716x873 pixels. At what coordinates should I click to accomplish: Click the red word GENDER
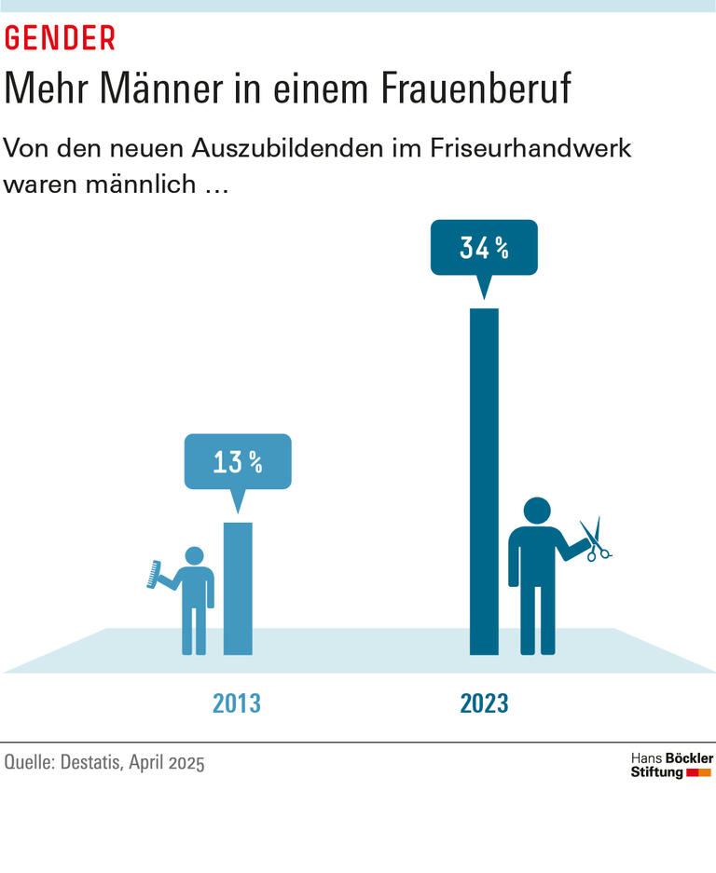(x=60, y=38)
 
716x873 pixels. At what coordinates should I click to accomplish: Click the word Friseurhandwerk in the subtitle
(x=525, y=148)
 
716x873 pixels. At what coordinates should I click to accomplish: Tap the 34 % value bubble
(x=484, y=248)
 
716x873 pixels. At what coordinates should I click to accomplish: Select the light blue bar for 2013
(x=237, y=588)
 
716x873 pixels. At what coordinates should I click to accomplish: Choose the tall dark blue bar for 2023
(x=484, y=481)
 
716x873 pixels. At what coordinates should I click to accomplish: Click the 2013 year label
(x=237, y=702)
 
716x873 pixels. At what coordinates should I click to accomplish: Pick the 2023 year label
(x=484, y=702)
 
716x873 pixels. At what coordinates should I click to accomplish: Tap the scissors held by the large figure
(x=594, y=540)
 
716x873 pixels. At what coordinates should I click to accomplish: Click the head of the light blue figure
(x=194, y=556)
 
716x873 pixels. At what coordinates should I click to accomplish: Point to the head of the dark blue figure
(x=536, y=512)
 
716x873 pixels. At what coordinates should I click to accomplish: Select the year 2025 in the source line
(x=186, y=762)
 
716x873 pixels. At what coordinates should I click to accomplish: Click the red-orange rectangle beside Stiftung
(x=698, y=773)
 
